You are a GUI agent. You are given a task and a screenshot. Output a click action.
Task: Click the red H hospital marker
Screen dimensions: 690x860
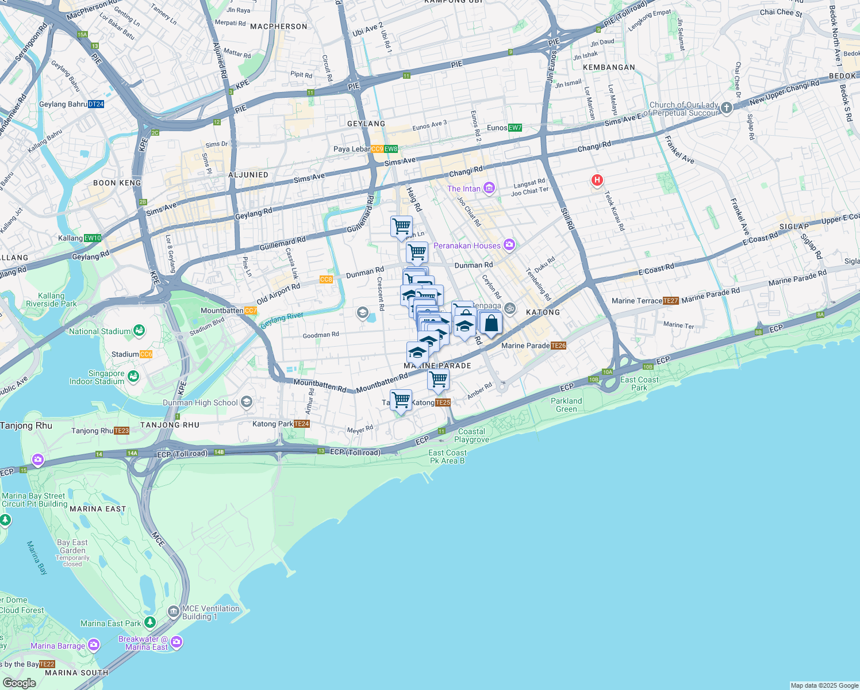click(597, 181)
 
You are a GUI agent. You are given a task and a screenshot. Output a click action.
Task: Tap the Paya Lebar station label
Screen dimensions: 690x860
click(352, 149)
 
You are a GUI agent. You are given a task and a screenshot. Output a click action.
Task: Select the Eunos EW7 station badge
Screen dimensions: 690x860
click(515, 128)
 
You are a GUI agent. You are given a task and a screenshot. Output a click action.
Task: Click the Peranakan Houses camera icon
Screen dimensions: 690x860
click(509, 246)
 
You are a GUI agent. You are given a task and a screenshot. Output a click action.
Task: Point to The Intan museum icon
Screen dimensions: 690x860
click(489, 188)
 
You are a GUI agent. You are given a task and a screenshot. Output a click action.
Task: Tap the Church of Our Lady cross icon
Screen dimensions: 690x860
click(727, 108)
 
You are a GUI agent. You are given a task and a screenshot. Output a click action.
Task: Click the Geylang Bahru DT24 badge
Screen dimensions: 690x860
click(96, 104)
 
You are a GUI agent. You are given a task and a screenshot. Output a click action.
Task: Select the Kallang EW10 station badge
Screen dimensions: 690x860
click(93, 238)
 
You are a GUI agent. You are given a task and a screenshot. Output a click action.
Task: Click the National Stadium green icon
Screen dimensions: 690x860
click(139, 331)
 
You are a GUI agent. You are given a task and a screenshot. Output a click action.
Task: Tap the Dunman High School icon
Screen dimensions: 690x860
click(247, 402)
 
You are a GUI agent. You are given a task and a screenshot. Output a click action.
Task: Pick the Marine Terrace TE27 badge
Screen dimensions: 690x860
click(671, 301)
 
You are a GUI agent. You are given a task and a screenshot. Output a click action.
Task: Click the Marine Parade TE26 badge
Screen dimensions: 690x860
click(558, 346)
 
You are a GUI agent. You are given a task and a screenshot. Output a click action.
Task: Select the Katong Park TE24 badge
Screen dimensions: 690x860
click(302, 424)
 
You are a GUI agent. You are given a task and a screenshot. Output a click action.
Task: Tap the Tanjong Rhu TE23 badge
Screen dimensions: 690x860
click(121, 431)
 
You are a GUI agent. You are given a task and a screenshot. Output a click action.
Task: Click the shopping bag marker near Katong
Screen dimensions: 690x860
click(491, 324)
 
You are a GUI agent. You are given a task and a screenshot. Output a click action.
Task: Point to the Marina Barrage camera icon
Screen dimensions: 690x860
click(94, 645)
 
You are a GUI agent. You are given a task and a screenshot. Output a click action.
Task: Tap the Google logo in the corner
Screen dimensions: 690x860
click(19, 683)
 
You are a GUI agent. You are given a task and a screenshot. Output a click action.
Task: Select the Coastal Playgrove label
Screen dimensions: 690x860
click(471, 435)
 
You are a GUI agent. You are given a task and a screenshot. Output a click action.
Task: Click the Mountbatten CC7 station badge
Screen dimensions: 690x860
click(251, 310)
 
